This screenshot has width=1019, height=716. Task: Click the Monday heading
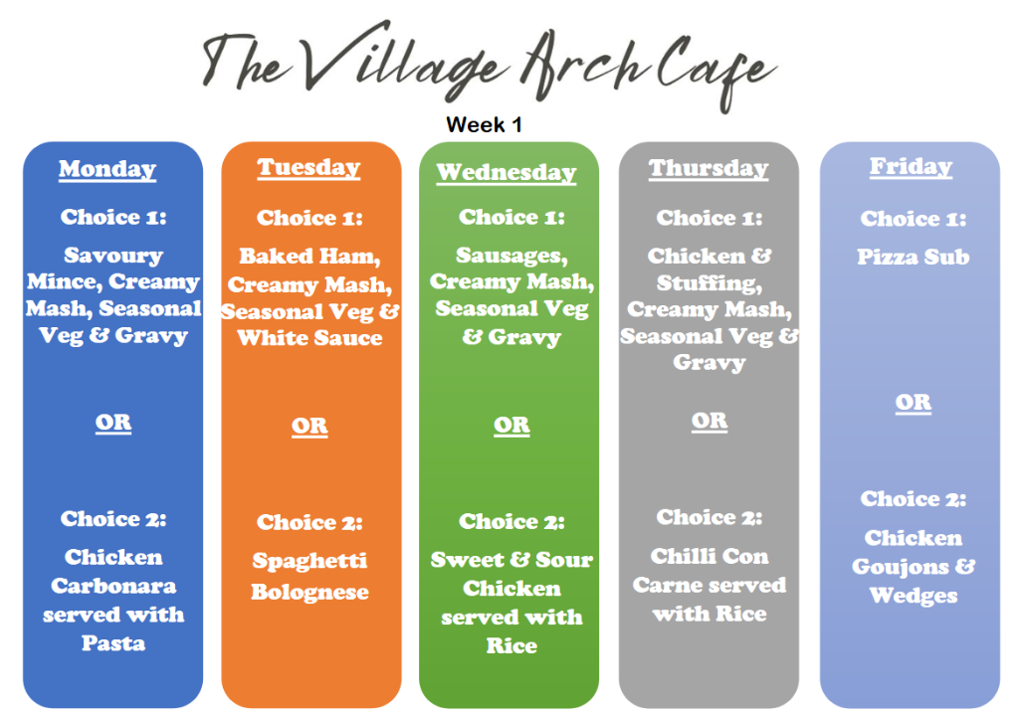click(x=107, y=169)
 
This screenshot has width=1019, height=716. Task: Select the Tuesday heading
click(x=308, y=168)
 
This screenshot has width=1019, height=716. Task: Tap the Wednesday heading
click(x=507, y=173)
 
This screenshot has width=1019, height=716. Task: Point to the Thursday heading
click(x=709, y=168)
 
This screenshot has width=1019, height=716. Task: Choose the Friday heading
click(x=911, y=166)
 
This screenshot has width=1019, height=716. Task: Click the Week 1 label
click(x=485, y=124)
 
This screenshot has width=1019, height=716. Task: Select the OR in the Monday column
click(x=113, y=423)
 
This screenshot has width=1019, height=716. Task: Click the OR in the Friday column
click(x=914, y=403)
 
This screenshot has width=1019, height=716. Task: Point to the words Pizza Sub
click(x=914, y=258)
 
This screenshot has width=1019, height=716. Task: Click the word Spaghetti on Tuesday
click(x=309, y=561)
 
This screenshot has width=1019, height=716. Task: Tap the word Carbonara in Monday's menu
click(x=113, y=586)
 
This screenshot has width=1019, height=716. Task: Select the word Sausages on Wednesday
click(x=511, y=256)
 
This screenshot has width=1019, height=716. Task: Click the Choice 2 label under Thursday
click(x=709, y=517)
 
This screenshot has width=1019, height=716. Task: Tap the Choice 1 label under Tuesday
click(x=309, y=218)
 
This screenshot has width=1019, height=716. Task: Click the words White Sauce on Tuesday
click(x=309, y=338)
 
